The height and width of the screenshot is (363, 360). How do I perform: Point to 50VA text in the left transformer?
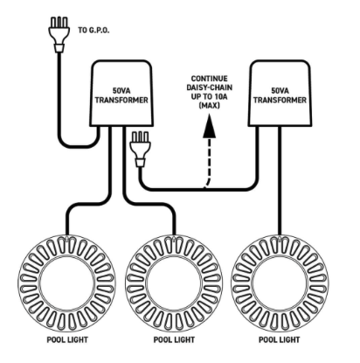pos(122,90)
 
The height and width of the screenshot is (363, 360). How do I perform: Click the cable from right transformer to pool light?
pos(280,175)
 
